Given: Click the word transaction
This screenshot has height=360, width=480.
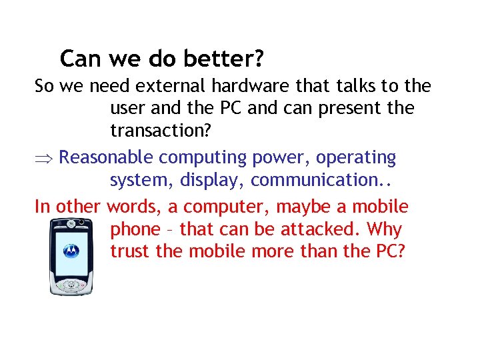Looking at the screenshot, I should (160, 130).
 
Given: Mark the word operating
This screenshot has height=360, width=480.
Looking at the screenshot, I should (355, 158).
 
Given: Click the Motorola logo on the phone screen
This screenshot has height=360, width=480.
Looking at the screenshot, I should (70, 251).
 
